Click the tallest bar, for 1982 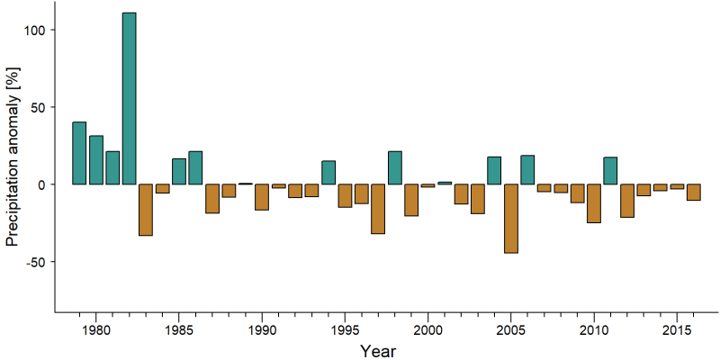[x=129, y=98]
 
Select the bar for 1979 [x=79, y=153]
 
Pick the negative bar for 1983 [x=146, y=210]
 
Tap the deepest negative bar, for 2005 [x=511, y=219]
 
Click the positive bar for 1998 [x=395, y=167]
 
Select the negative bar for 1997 [x=378, y=209]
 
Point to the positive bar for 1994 [x=328, y=173]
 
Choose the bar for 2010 [x=594, y=203]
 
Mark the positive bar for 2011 [x=611, y=171]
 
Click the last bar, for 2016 [x=694, y=192]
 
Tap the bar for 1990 [x=262, y=197]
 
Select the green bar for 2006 [x=527, y=170]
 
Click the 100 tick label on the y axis [x=33, y=30]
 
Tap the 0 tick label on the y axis [x=40, y=184]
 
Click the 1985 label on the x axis [x=179, y=329]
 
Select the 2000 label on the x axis [x=428, y=329]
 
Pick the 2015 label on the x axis [x=677, y=329]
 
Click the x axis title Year [x=377, y=350]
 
